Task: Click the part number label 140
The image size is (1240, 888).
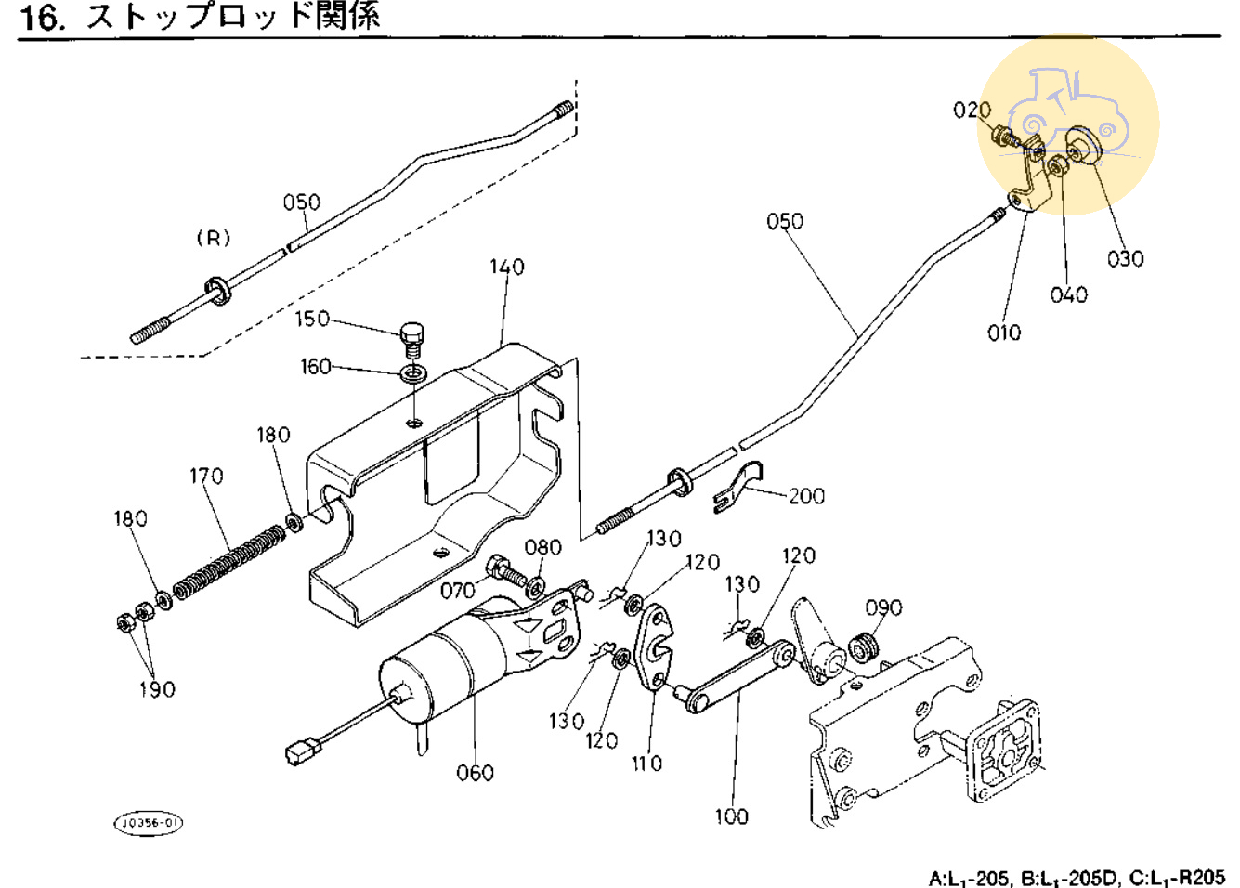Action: click(507, 268)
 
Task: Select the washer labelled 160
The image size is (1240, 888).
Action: click(414, 373)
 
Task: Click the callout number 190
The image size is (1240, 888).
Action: click(157, 689)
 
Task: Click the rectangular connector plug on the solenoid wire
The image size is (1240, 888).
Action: click(300, 750)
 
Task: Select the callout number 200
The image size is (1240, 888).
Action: click(806, 496)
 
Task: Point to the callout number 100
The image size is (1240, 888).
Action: click(731, 816)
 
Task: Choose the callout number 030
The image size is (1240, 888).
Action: click(1125, 259)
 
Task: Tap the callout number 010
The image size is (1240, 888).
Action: click(1003, 333)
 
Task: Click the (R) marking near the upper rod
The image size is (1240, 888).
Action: click(213, 238)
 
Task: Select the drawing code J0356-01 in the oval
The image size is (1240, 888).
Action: click(149, 823)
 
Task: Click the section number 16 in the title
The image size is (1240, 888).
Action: click(42, 17)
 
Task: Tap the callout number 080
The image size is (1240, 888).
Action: click(542, 548)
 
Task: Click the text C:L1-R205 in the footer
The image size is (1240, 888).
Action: click(1177, 878)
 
